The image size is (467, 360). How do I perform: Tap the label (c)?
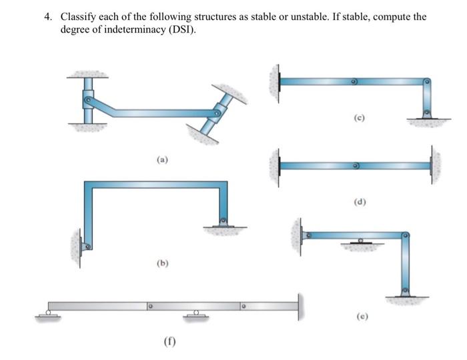point(359,118)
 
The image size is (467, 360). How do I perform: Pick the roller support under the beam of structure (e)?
point(362,241)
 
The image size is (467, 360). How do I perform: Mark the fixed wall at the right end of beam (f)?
point(299,306)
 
